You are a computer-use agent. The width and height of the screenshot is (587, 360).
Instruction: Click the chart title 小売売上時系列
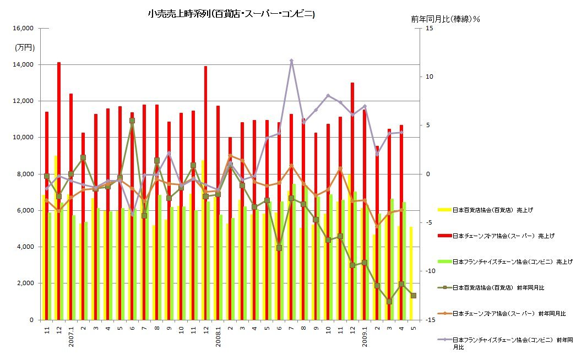click(231, 14)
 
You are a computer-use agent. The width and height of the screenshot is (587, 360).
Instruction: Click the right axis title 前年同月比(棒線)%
click(445, 19)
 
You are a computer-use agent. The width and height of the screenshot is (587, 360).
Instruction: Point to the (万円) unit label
click(25, 47)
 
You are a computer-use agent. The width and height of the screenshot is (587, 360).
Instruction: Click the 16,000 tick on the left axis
click(23, 28)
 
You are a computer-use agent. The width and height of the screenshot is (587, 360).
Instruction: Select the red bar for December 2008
click(352, 165)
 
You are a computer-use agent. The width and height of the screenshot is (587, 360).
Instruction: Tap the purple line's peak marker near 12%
click(291, 61)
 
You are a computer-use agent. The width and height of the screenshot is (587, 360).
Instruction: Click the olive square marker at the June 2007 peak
click(132, 121)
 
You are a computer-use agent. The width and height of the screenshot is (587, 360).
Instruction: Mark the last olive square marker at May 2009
click(414, 296)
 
